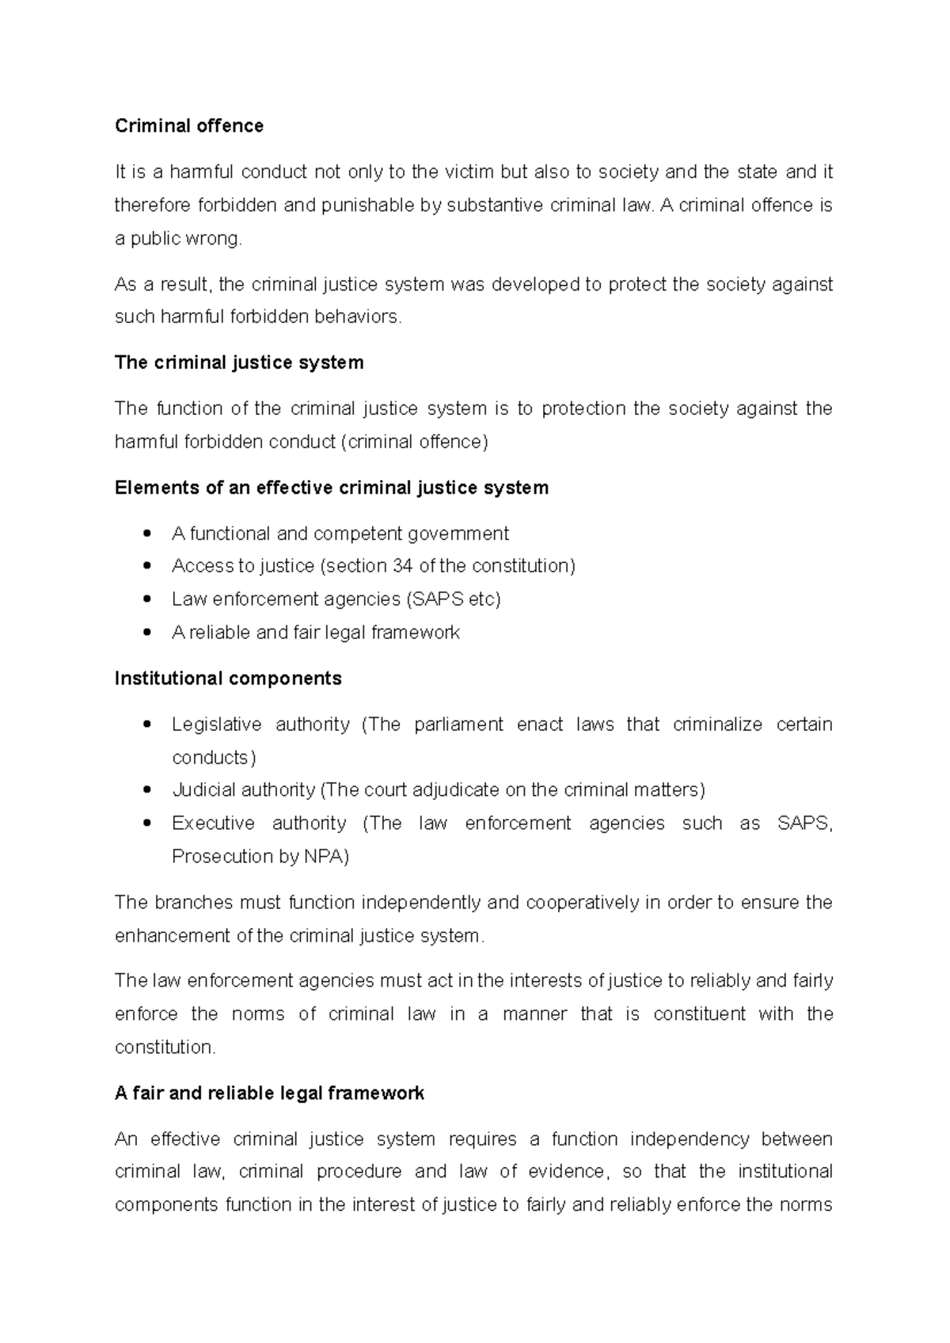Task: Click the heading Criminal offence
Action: [188, 126]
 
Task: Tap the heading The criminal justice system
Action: [239, 363]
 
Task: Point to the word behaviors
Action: [358, 317]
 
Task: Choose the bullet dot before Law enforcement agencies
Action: [146, 599]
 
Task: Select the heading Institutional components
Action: [228, 679]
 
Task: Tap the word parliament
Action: [458, 725]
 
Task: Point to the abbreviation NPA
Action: [325, 856]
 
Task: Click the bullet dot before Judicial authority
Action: [146, 790]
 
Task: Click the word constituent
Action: [699, 1014]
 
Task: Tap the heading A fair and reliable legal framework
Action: [269, 1094]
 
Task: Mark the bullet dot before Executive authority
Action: [146, 824]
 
